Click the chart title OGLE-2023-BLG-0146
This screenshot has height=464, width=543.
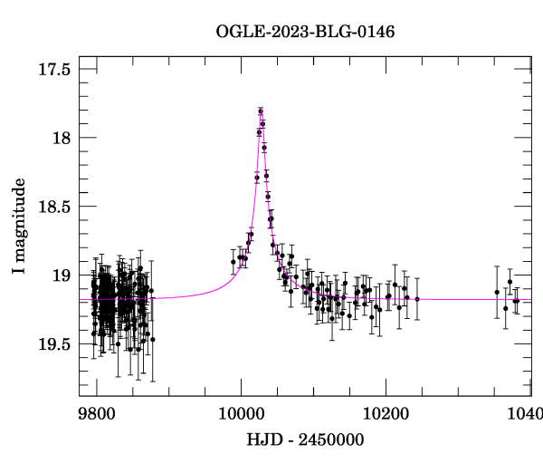click(305, 31)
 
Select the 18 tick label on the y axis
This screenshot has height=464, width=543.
click(62, 138)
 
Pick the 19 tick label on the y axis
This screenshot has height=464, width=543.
click(62, 275)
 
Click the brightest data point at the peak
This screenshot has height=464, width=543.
click(261, 111)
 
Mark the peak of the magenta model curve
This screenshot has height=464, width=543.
click(261, 111)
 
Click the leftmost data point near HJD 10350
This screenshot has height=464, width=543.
click(497, 292)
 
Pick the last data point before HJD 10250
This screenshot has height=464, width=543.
click(417, 298)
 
